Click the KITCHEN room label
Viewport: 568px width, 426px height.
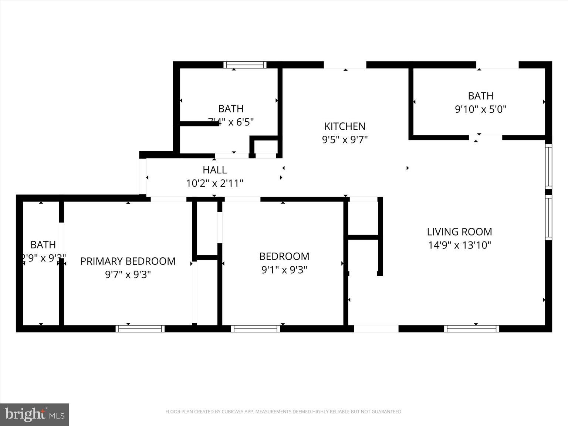[345, 126]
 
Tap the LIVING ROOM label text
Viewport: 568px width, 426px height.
[459, 232]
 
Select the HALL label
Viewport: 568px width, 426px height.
[214, 170]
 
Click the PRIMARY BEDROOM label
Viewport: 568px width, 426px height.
[128, 261]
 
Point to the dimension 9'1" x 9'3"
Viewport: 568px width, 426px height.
[284, 270]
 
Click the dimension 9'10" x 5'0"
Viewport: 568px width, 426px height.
[480, 109]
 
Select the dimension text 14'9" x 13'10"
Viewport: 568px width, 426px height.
[459, 245]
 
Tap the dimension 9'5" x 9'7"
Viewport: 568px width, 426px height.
[345, 140]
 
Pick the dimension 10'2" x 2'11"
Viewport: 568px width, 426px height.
[214, 183]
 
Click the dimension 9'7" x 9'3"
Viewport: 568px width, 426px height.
[128, 275]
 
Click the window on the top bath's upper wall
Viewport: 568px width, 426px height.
[245, 65]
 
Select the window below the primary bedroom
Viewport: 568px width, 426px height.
[140, 329]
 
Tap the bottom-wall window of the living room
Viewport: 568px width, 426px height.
[471, 329]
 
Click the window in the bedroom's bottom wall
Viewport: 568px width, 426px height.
[256, 329]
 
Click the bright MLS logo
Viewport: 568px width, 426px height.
[35, 414]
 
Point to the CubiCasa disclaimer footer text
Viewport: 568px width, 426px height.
[284, 412]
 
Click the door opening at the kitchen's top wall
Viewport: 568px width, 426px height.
[345, 65]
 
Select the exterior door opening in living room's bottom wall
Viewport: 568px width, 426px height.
[376, 329]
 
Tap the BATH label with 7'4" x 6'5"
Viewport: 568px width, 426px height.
[231, 109]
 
